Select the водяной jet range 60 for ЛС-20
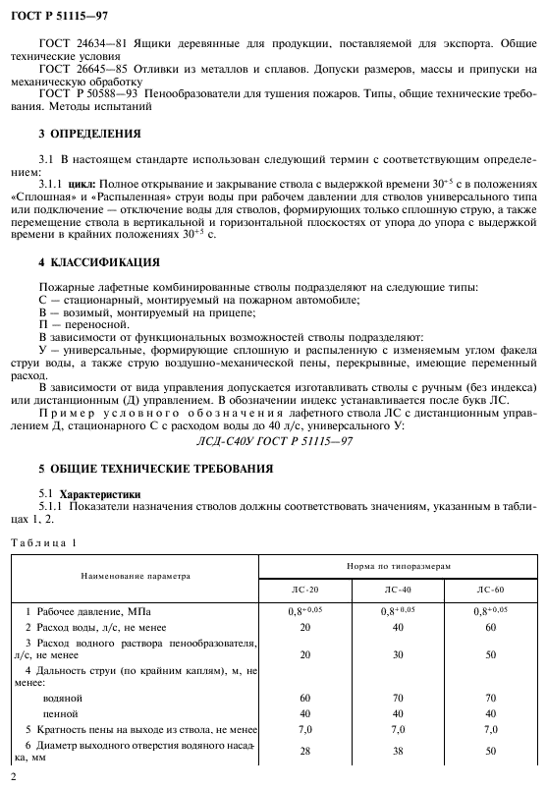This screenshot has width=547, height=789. pos(305,696)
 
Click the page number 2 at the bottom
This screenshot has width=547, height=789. pos(13,777)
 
